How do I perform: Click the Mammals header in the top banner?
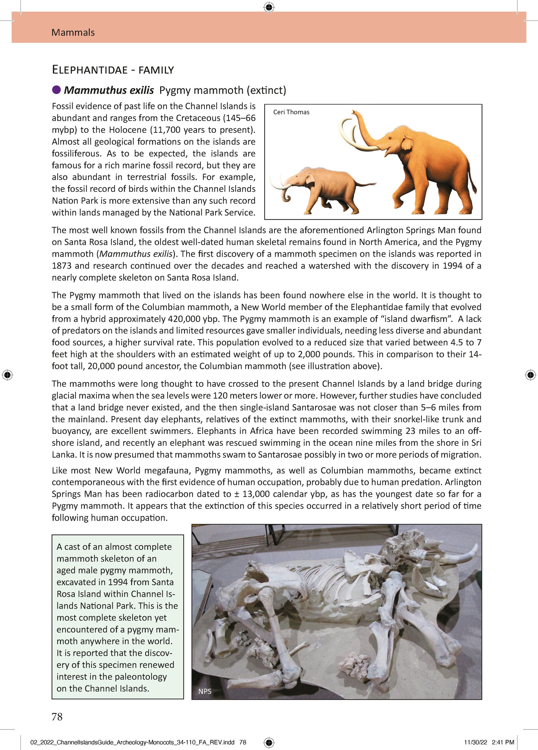[73, 32]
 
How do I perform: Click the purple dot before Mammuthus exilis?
[57, 90]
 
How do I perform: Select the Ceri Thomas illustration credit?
[291, 112]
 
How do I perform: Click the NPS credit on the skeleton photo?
[205, 691]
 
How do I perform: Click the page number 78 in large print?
[57, 717]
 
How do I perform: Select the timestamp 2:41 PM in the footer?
[503, 742]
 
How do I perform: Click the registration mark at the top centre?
[269, 7]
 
